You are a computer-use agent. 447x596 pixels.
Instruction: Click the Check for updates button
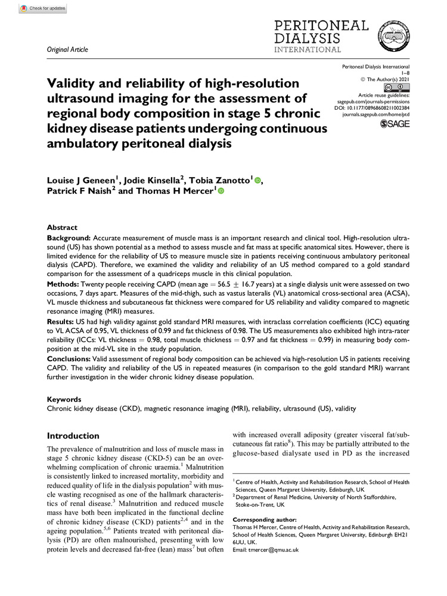point(41,10)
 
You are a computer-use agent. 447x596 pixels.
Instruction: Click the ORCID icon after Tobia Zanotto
point(257,180)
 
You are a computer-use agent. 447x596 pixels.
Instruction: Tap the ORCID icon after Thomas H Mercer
point(221,192)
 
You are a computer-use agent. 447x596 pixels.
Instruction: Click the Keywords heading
point(64,399)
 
